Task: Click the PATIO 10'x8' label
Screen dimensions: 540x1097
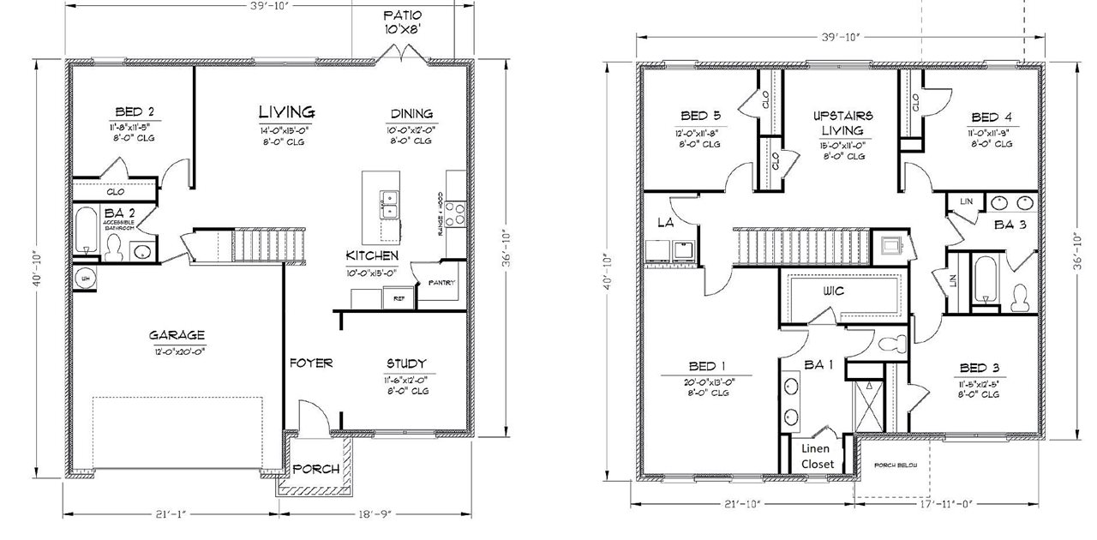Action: coord(402,22)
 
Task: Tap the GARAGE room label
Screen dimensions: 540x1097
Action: coord(177,335)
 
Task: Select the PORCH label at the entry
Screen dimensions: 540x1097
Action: coord(316,469)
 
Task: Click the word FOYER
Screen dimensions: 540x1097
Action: coord(309,363)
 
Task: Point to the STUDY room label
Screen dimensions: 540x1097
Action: coord(406,363)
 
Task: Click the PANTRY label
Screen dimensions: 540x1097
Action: coord(441,283)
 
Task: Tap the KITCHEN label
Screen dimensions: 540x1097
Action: coord(371,256)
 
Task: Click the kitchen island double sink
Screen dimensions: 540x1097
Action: coord(390,204)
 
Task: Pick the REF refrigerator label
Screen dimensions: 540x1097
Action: coord(399,299)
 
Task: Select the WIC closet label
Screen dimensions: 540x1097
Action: coord(833,291)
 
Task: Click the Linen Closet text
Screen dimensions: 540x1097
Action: coord(818,456)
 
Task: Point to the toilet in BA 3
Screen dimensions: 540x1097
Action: coord(1019,297)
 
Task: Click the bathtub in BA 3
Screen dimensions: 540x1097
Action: coord(985,279)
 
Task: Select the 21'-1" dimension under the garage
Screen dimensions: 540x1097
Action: coord(171,514)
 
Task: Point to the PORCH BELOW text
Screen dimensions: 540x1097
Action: coord(895,465)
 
